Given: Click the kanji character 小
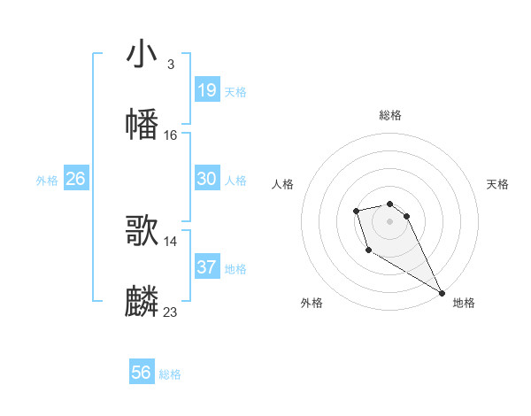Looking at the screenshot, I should pyautogui.click(x=142, y=54).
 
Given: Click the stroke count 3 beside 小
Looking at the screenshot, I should pyautogui.click(x=170, y=65).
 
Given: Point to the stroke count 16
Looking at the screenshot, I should pyautogui.click(x=171, y=135).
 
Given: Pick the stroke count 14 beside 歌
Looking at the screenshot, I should pyautogui.click(x=171, y=241).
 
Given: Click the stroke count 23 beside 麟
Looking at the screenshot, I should pyautogui.click(x=171, y=312).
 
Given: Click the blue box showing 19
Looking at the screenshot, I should pyautogui.click(x=206, y=89).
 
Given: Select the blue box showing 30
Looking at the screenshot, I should pyautogui.click(x=206, y=179).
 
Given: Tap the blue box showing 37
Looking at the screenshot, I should pyautogui.click(x=206, y=266).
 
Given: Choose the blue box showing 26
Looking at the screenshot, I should pyautogui.click(x=75, y=179).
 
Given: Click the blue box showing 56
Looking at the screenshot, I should pyautogui.click(x=141, y=373).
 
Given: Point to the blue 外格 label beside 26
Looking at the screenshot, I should pyautogui.click(x=47, y=181).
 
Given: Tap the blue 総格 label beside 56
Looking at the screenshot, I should pyautogui.click(x=170, y=374).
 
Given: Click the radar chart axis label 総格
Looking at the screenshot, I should pyautogui.click(x=390, y=115).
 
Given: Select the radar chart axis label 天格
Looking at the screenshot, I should pyautogui.click(x=498, y=184).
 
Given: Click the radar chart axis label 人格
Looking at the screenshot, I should pyautogui.click(x=282, y=184).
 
